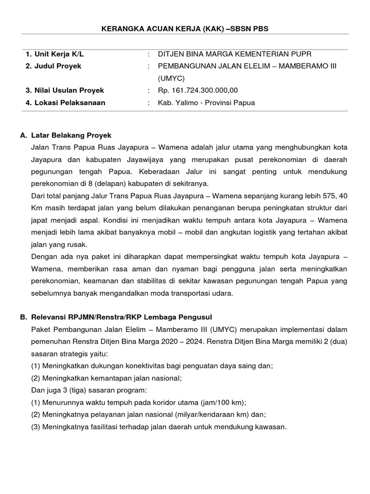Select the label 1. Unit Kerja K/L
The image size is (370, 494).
[55, 54]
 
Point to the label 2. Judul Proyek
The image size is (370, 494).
[53, 66]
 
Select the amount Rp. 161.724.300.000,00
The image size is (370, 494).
[198, 90]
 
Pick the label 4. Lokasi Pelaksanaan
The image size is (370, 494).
[65, 102]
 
